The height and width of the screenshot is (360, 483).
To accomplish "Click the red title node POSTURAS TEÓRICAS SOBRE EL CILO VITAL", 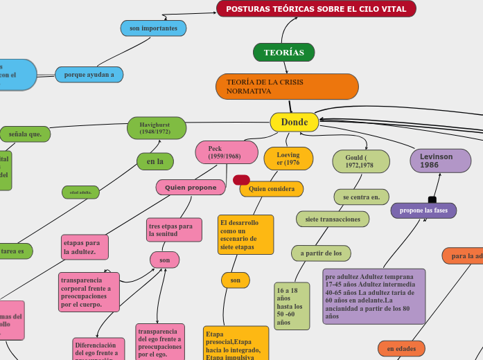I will coord(316,9).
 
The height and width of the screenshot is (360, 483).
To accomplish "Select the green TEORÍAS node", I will coord(283,53).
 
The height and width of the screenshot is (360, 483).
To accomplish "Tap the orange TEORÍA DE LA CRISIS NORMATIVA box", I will coord(287,87).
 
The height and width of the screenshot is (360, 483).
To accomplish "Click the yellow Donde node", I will coord(294,123).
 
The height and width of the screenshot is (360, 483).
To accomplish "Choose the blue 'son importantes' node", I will coord(153,28).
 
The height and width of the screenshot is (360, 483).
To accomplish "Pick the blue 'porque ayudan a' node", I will coord(89,74).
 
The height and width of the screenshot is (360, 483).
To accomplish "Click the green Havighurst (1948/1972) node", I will coord(157,127).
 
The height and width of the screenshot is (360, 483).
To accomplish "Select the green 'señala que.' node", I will coord(25,134).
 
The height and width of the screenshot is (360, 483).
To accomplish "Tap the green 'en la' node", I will coord(155,161).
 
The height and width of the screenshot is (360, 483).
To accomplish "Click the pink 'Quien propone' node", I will coord(191,187).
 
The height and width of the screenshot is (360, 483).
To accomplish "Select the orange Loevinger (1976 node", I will coord(288,159).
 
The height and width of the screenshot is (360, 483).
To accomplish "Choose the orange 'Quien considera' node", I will coord(272,188).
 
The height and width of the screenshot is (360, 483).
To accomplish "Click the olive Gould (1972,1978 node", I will coord(360,161).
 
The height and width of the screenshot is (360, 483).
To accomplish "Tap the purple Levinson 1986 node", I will coord(440,161).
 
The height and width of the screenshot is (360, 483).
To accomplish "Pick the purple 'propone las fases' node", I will coord(423,210).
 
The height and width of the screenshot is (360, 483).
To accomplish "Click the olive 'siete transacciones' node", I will coord(333,219).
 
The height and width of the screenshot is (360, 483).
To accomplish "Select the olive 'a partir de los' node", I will coord(321,253).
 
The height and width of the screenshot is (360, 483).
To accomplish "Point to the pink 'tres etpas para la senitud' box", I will coord(174,230).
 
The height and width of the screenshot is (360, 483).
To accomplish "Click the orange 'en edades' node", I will coord(401,348).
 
